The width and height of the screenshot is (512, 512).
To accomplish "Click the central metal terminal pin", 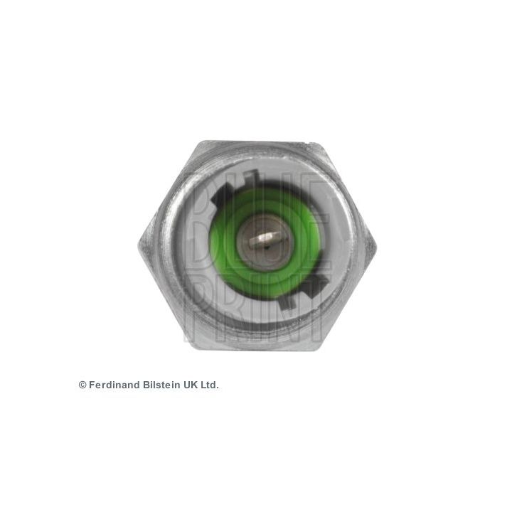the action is (265, 239).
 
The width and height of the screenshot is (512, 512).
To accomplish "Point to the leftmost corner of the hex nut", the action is (139, 243).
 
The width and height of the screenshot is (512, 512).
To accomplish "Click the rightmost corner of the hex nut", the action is (376, 245).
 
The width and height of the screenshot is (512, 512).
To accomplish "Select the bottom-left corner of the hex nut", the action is (198, 348).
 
